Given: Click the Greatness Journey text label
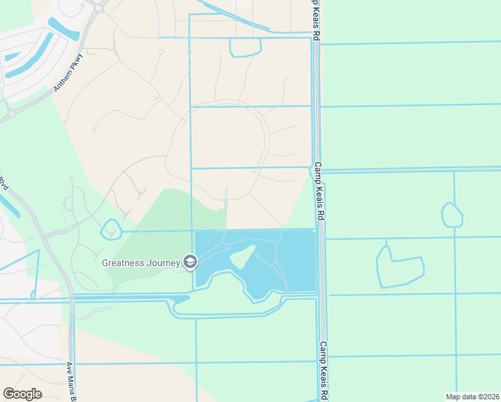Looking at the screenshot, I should coord(141,263).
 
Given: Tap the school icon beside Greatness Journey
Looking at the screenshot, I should coord(190,262).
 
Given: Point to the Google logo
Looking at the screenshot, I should coord(22,394).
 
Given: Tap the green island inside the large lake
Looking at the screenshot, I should coord(241,256).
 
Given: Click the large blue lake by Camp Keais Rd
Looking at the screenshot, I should coord(295,261).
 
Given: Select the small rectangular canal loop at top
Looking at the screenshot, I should coord(245,47).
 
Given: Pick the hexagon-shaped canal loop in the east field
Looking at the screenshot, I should coord(452,215).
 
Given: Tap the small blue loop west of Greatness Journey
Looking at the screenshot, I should coord(111,230).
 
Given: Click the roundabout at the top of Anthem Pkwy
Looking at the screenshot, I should coord(99,7).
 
